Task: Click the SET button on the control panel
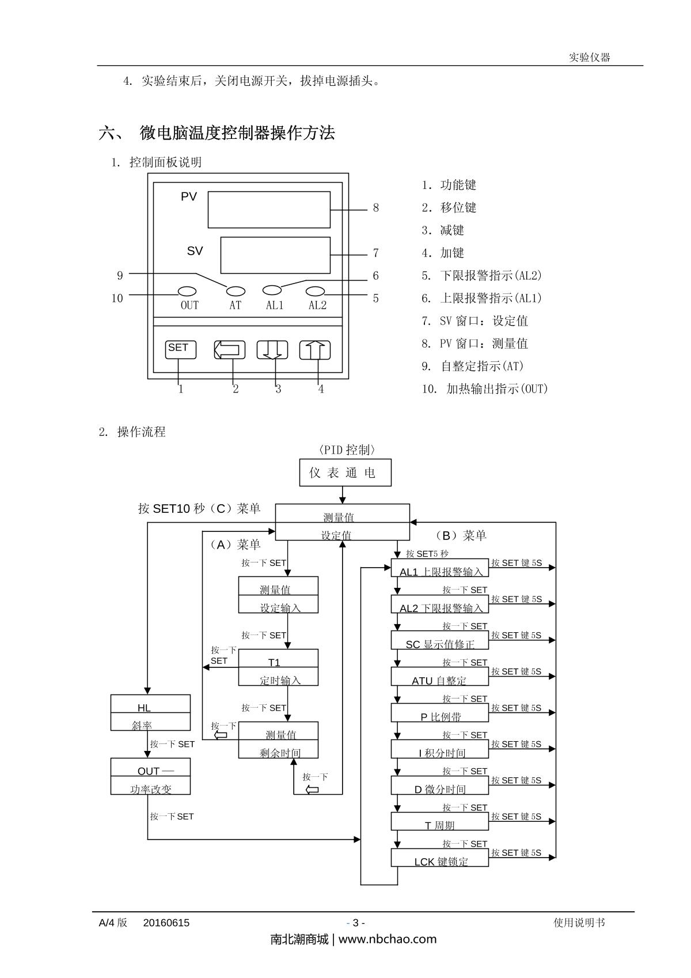180,349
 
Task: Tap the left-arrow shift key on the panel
229,350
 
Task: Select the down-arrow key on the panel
272,350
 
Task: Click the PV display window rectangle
269,210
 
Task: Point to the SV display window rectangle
275,255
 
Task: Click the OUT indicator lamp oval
187,292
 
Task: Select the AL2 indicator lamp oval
316,292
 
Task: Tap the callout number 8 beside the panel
376,208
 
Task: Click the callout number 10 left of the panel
117,299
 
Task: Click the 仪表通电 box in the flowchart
345,473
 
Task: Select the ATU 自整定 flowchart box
439,677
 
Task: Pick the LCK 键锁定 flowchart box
439,858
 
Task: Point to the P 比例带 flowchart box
439,713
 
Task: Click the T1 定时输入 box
278,667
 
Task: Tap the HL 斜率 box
150,713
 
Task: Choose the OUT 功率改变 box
150,777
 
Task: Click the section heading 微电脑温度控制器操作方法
237,134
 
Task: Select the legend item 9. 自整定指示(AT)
473,366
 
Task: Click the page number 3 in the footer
355,923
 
